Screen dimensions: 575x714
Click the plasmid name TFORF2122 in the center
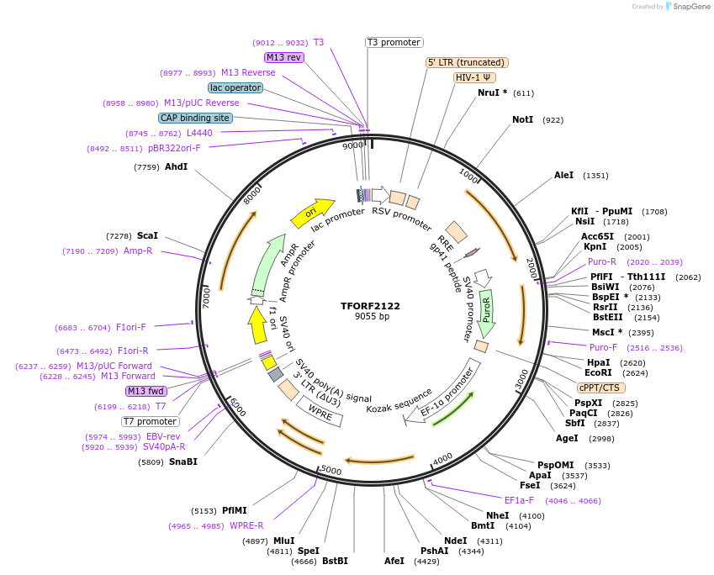[371, 306]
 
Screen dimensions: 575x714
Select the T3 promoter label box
[394, 42]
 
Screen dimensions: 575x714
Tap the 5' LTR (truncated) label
[467, 62]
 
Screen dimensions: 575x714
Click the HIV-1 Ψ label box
[474, 77]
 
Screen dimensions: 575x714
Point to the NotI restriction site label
[522, 120]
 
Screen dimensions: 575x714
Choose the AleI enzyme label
[563, 176]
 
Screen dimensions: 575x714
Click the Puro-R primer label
[601, 261]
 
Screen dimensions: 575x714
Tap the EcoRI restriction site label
[598, 372]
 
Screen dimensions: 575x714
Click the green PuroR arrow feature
[486, 311]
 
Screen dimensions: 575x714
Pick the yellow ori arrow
[312, 213]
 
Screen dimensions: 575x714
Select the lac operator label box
[235, 87]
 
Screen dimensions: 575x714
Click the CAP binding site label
[195, 118]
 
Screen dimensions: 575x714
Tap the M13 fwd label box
[145, 391]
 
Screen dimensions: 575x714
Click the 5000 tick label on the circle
[331, 471]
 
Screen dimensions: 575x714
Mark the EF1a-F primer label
[519, 500]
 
